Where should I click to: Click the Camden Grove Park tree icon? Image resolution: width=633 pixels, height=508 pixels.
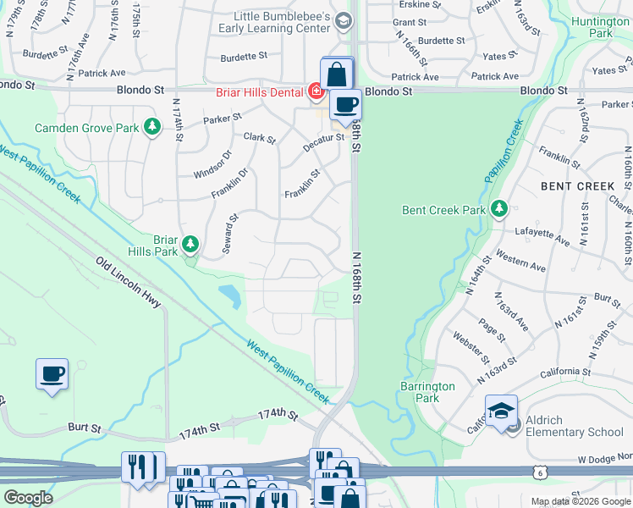coord(151,128)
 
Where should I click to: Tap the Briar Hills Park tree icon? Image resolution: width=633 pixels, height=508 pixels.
coord(191,246)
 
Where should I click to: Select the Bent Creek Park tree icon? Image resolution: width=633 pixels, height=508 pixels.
coord(499,208)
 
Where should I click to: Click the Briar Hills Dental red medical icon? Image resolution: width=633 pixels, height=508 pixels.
coord(316,90)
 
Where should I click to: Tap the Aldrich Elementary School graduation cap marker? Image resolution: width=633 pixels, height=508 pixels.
coord(502,411)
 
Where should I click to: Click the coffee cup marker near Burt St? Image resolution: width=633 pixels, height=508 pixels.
coord(52,373)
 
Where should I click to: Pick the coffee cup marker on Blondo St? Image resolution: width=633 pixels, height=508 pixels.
coord(345,105)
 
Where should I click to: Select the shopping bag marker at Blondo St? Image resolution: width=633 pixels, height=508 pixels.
coord(337,73)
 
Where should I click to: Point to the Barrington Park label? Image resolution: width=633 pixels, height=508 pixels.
coord(427,392)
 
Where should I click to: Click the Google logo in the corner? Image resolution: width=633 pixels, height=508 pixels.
coord(28,498)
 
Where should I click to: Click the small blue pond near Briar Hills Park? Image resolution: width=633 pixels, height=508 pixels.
coord(228,296)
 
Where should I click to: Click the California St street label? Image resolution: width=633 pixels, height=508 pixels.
coord(563,372)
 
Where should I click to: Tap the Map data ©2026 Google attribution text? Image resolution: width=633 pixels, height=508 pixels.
coord(580,501)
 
